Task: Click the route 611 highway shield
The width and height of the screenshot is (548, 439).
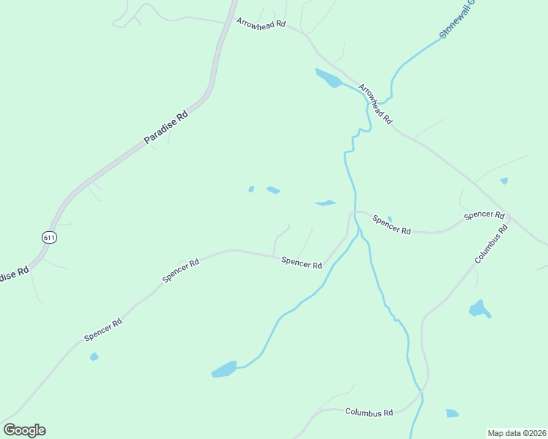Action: point(49,238)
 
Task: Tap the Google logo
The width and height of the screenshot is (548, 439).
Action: point(24,430)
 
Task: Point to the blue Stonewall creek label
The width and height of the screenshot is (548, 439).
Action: point(457,19)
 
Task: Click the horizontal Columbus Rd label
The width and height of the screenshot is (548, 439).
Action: point(369,413)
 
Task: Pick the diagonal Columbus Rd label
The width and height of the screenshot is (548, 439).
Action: point(491,244)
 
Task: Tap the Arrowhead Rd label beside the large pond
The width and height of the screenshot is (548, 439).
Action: point(376,103)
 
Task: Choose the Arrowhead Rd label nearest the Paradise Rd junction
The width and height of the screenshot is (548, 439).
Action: point(260,23)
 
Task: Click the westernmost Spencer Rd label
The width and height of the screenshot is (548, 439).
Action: point(103,329)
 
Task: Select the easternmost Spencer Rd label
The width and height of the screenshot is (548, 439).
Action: point(484,215)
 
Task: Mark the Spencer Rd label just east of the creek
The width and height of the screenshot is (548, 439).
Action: point(391,224)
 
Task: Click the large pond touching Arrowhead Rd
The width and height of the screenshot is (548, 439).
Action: point(328,78)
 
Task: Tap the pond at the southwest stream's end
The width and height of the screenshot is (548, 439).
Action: point(224,369)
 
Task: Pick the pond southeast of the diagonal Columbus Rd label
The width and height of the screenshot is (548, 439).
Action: point(479,309)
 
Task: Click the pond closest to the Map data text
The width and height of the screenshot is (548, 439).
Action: point(452,413)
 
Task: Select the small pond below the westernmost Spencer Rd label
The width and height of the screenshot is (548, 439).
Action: point(94,356)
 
